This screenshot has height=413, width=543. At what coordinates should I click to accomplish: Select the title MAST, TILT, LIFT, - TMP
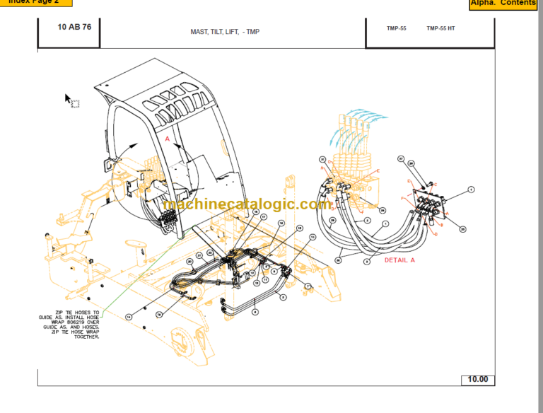[x=225, y=32]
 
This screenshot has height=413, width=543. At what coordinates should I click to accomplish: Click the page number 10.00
[x=477, y=380]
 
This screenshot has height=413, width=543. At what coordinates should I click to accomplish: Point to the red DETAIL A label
[x=399, y=260]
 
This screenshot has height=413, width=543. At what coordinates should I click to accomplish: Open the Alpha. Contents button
[x=503, y=4]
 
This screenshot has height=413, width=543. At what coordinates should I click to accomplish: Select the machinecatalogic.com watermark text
[x=247, y=204]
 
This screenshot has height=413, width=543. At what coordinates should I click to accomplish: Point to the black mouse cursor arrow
[x=69, y=99]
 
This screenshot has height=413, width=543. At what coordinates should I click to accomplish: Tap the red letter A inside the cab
[x=168, y=140]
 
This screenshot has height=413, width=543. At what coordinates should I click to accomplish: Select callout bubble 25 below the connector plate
[x=463, y=229]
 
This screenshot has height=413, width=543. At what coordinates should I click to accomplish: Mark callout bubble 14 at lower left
[x=129, y=316]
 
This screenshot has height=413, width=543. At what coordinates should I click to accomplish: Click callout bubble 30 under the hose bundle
[x=339, y=260]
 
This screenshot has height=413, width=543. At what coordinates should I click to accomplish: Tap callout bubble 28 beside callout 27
[x=411, y=164]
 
